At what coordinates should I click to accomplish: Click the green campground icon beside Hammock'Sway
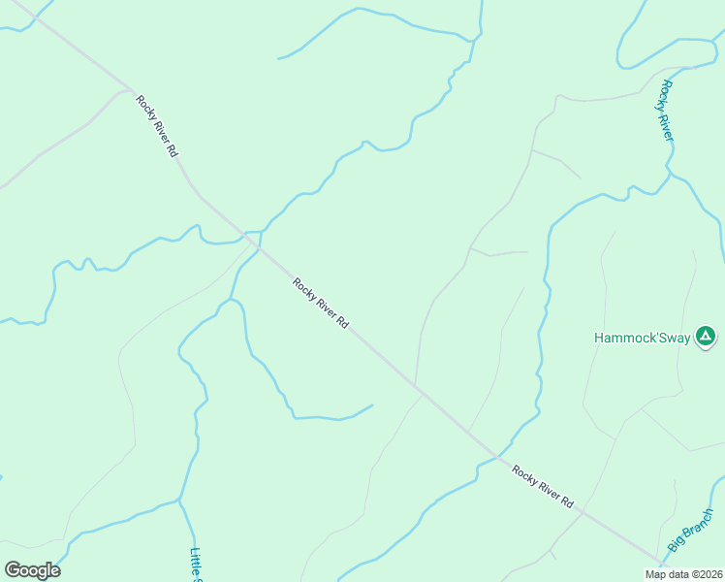coord(706,337)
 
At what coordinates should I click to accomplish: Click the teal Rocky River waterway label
coord(665,110)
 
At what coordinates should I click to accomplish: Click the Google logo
coord(32,570)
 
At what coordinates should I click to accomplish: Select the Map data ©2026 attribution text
coord(683,574)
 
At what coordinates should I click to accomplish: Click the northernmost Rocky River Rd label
coord(156,126)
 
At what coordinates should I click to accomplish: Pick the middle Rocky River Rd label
coord(321,304)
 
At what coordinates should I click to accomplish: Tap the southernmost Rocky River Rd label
coord(544,488)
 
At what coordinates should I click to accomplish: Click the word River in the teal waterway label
coord(667,123)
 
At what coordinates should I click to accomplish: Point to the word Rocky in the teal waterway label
coord(664,94)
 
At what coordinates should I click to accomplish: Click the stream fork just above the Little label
coord(180,501)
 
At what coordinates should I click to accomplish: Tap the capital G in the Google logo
coord(13,570)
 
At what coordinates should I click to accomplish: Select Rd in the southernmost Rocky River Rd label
coord(568,503)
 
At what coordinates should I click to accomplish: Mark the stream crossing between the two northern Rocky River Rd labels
coord(258,246)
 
